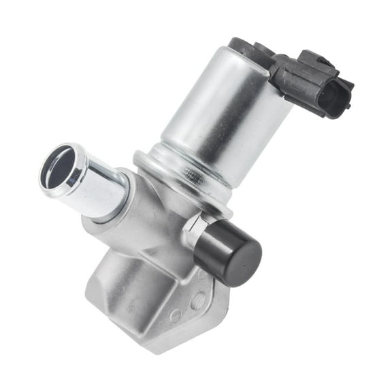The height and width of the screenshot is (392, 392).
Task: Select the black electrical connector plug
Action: point(320,85)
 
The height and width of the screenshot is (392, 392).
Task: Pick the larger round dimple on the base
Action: point(197,299)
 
